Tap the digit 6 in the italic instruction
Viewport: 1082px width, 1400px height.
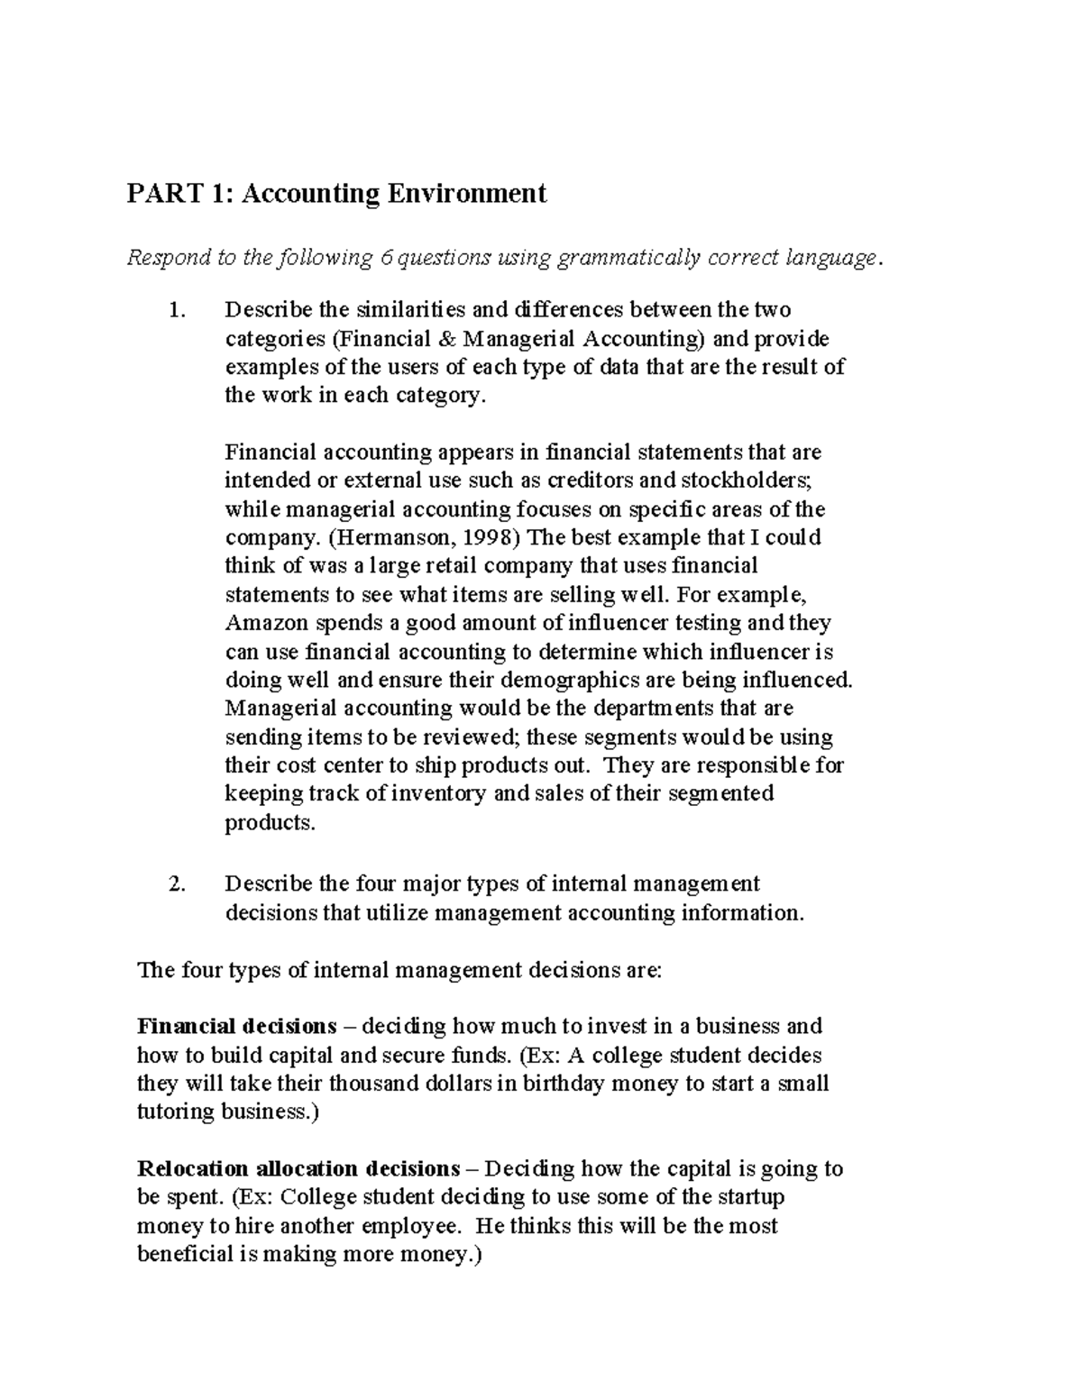click(x=386, y=259)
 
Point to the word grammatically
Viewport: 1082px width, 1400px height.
click(x=629, y=259)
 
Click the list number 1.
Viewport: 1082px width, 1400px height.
click(x=177, y=310)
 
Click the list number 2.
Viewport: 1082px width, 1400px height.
click(x=177, y=884)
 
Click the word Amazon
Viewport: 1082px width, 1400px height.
click(x=265, y=624)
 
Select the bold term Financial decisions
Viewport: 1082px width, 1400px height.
click(x=236, y=1027)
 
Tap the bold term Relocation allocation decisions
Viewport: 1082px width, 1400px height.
click(x=298, y=1169)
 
